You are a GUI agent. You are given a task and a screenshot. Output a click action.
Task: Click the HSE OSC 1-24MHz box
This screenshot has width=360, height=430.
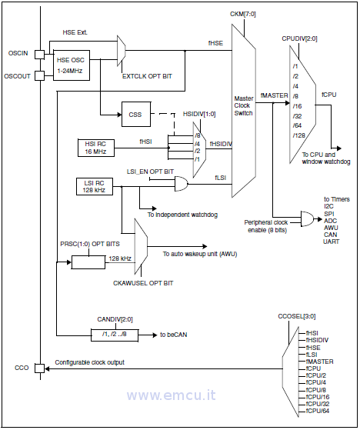(x=72, y=65)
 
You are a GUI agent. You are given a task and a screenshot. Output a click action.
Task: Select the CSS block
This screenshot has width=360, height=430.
(x=136, y=114)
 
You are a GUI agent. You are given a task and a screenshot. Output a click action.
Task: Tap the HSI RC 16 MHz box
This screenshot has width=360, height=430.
(x=96, y=148)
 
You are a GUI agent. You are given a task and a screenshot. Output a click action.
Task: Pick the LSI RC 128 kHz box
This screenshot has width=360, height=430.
(x=95, y=186)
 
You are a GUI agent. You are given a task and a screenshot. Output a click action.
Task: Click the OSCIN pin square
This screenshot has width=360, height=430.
(x=39, y=55)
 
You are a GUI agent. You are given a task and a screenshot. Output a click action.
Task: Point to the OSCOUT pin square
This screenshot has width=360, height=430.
(x=39, y=75)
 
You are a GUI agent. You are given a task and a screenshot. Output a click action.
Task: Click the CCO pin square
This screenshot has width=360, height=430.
(x=39, y=368)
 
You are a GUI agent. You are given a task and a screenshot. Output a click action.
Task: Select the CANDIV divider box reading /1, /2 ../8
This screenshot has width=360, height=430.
(x=115, y=335)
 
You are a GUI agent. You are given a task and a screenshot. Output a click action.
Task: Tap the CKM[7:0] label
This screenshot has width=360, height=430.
(x=243, y=14)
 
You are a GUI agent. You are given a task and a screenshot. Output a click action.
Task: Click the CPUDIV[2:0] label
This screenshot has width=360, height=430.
(x=299, y=38)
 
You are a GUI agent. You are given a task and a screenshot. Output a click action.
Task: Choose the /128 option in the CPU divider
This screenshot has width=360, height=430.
(x=299, y=135)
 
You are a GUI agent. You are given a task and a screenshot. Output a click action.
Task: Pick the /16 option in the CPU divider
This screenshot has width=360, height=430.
(x=297, y=106)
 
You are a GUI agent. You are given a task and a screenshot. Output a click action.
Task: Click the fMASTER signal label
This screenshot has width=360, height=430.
(x=274, y=95)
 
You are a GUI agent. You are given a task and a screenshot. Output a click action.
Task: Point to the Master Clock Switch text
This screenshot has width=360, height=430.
(x=244, y=105)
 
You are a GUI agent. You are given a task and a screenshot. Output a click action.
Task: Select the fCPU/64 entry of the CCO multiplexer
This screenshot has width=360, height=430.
(x=318, y=411)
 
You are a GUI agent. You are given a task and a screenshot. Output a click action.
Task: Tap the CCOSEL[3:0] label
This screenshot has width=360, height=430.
(x=297, y=316)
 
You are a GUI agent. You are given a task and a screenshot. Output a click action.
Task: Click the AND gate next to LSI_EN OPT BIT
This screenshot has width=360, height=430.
(x=182, y=184)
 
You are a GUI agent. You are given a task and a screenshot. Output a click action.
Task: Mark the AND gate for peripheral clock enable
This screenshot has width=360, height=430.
(x=308, y=218)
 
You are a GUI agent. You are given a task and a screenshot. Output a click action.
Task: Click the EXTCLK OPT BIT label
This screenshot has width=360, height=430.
(x=147, y=76)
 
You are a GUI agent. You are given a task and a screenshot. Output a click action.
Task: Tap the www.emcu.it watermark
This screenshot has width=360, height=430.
(x=171, y=395)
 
